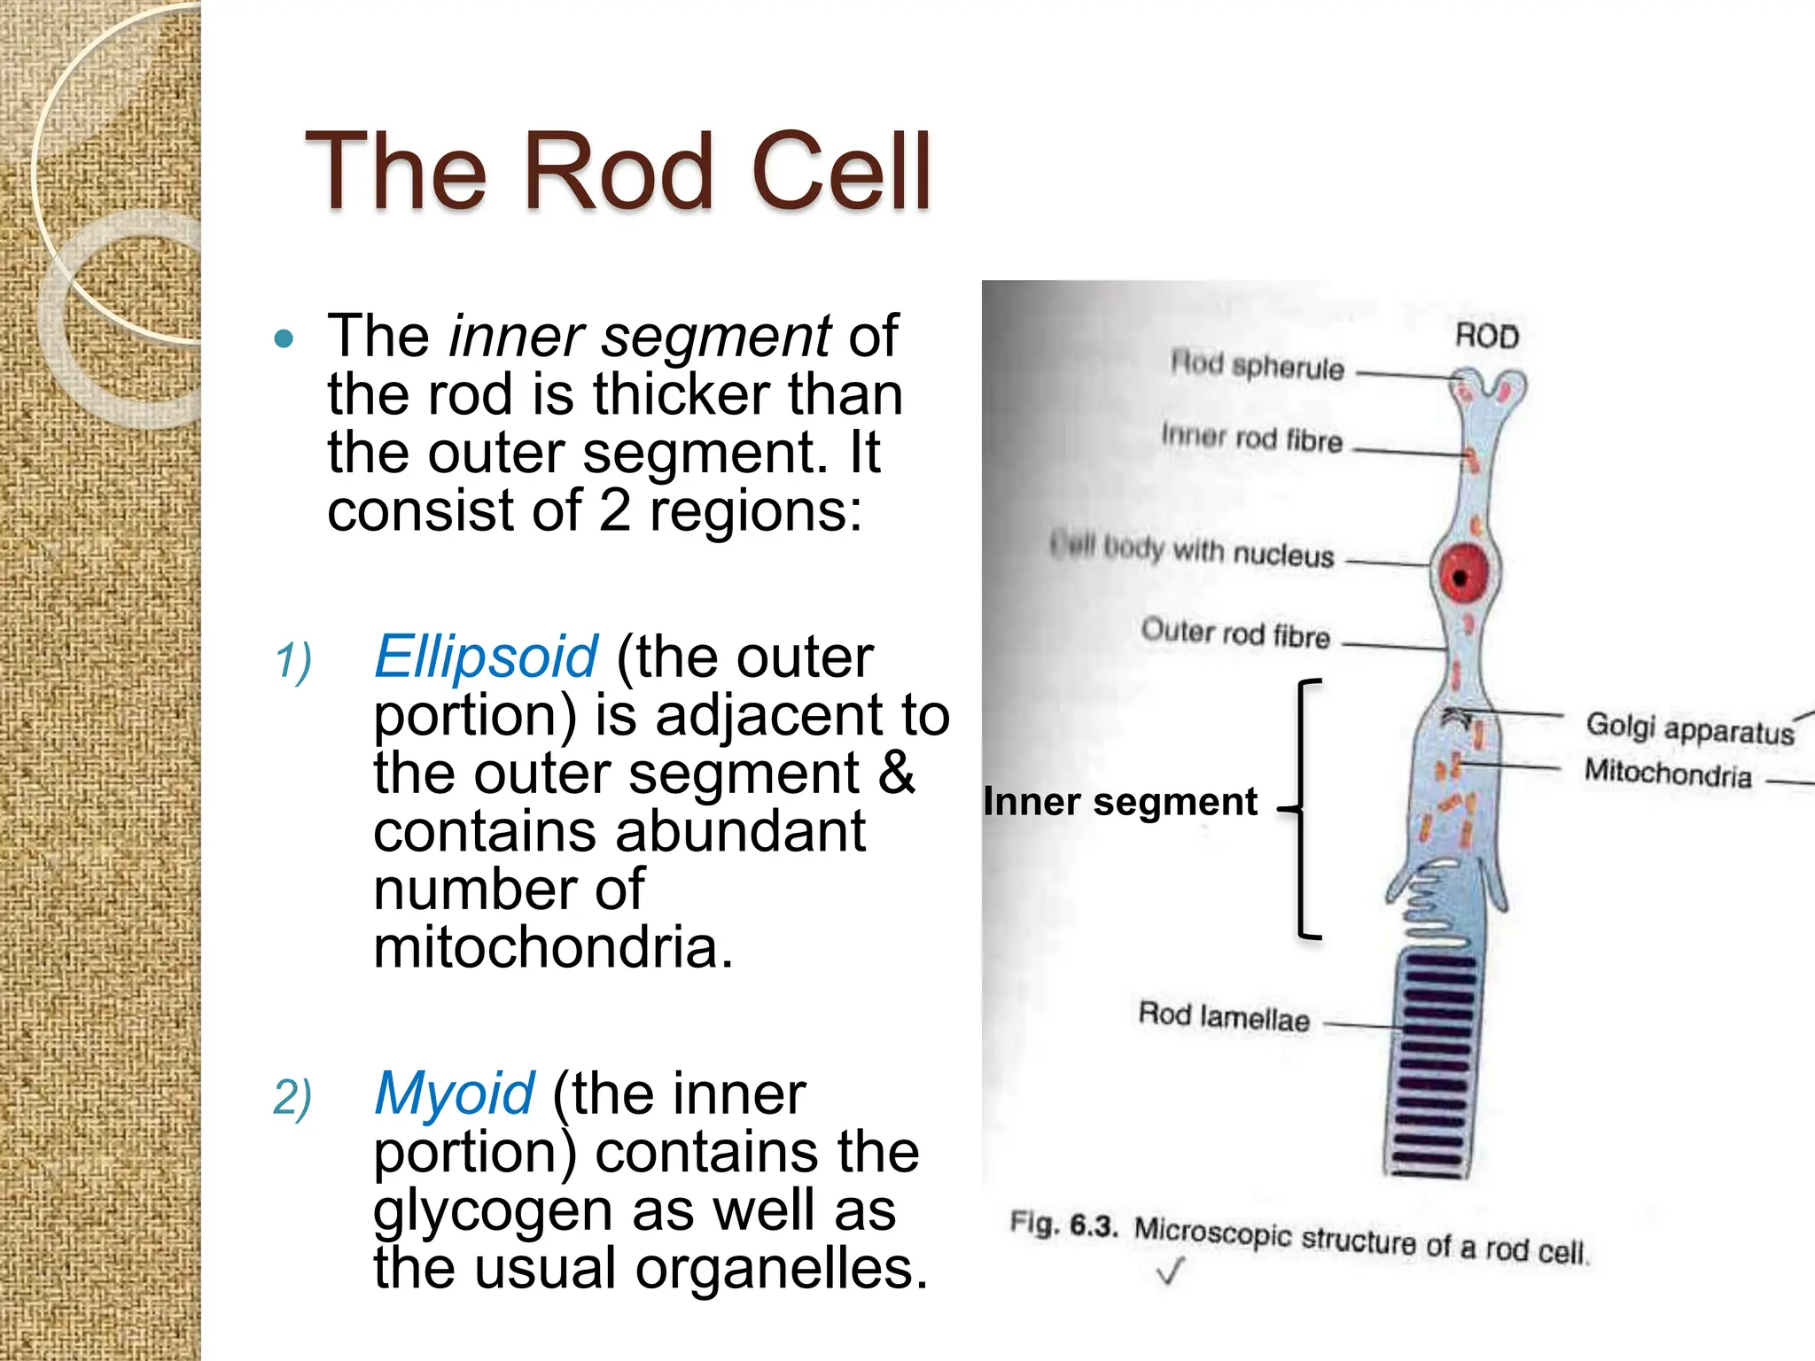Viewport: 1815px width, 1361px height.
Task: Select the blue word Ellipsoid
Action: pos(486,657)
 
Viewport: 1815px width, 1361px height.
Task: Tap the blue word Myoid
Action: pos(454,1094)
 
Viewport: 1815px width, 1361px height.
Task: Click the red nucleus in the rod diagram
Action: pos(1462,575)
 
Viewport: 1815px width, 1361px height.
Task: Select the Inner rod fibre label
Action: pos(1251,438)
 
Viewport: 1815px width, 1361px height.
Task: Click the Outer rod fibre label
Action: pos(1235,634)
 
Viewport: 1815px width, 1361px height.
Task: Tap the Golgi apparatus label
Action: pos(1689,729)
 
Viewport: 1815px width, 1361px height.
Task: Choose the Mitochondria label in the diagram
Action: pos(1668,774)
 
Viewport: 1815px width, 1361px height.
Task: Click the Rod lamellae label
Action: pos(1223,1017)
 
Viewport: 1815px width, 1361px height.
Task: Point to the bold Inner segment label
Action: pos(1120,802)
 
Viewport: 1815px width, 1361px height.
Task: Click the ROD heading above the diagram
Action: pos(1487,337)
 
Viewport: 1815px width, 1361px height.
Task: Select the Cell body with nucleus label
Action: pos(1192,550)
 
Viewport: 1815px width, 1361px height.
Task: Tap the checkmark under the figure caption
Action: pos(1170,1273)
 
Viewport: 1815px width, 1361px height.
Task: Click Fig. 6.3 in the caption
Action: pos(1063,1225)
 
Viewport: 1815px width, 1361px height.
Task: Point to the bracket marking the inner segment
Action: pos(1301,808)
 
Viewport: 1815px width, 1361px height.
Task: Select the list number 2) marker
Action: pos(292,1099)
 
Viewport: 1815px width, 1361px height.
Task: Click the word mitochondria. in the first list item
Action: pos(553,948)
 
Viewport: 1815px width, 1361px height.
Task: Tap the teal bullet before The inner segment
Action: pos(284,338)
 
